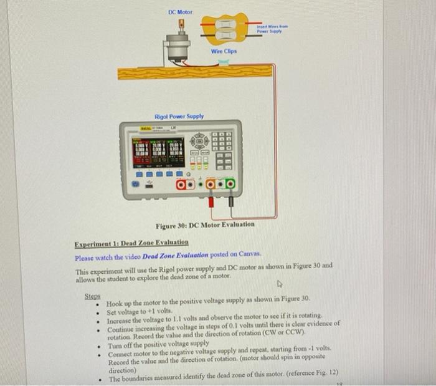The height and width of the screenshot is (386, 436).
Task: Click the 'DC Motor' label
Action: [x=181, y=12]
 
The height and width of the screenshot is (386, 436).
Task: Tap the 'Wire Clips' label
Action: [x=223, y=51]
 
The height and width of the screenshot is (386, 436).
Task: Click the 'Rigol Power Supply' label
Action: [x=179, y=117]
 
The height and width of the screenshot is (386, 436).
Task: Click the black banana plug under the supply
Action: [x=230, y=201]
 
